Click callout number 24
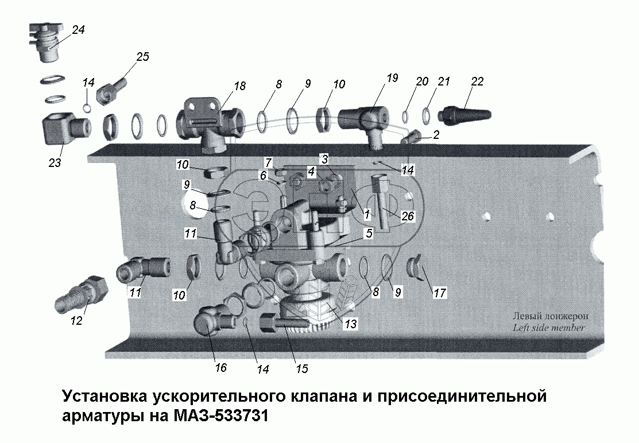tap(78, 30)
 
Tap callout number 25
tap(142, 56)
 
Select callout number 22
tap(477, 81)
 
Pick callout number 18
tap(239, 86)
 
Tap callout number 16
tap(220, 368)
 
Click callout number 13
tap(350, 324)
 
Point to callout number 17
tap(440, 293)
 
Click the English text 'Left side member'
tap(549, 328)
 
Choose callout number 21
tap(443, 82)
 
